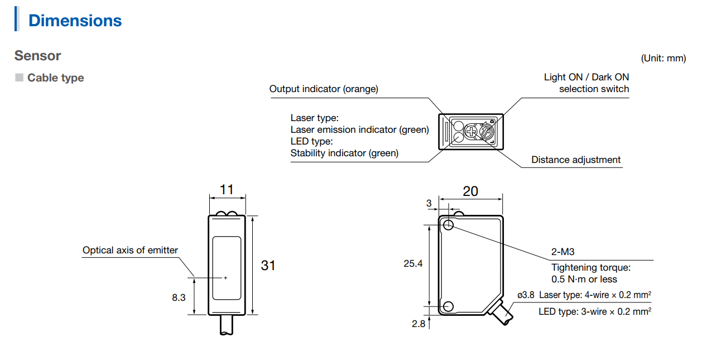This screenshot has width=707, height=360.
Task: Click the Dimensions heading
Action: [75, 21]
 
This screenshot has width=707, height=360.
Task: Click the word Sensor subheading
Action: [37, 56]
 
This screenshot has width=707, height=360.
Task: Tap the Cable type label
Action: [55, 78]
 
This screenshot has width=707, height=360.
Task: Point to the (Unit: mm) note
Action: [663, 58]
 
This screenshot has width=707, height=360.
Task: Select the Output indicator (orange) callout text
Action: [324, 89]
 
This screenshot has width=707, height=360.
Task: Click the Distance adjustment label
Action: [575, 160]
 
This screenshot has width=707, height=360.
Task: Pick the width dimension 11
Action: [227, 190]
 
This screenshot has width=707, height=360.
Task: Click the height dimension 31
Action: [268, 265]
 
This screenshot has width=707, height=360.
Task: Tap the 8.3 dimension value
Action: [179, 298]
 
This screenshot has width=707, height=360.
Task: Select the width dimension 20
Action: [470, 191]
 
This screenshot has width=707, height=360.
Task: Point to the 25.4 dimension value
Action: [413, 264]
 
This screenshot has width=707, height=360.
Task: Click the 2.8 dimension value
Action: [419, 324]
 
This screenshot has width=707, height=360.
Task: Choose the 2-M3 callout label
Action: [563, 252]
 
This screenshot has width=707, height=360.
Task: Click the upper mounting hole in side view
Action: [449, 225]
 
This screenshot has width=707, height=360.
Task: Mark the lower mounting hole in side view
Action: [448, 306]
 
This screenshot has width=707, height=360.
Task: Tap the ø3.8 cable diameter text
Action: [526, 295]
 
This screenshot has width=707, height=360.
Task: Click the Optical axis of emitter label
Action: [130, 250]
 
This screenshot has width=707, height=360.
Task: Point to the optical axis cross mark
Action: [225, 277]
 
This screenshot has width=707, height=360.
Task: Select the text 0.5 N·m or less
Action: [584, 279]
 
